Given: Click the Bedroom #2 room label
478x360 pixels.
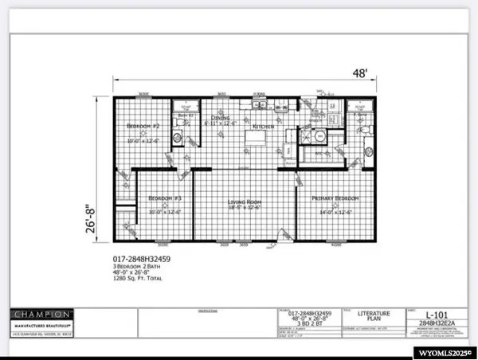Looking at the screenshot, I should (145, 127).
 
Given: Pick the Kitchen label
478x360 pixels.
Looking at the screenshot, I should (264, 127).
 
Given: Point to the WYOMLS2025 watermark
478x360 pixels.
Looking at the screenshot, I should (443, 350).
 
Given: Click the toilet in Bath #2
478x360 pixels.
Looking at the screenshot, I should (177, 138).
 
